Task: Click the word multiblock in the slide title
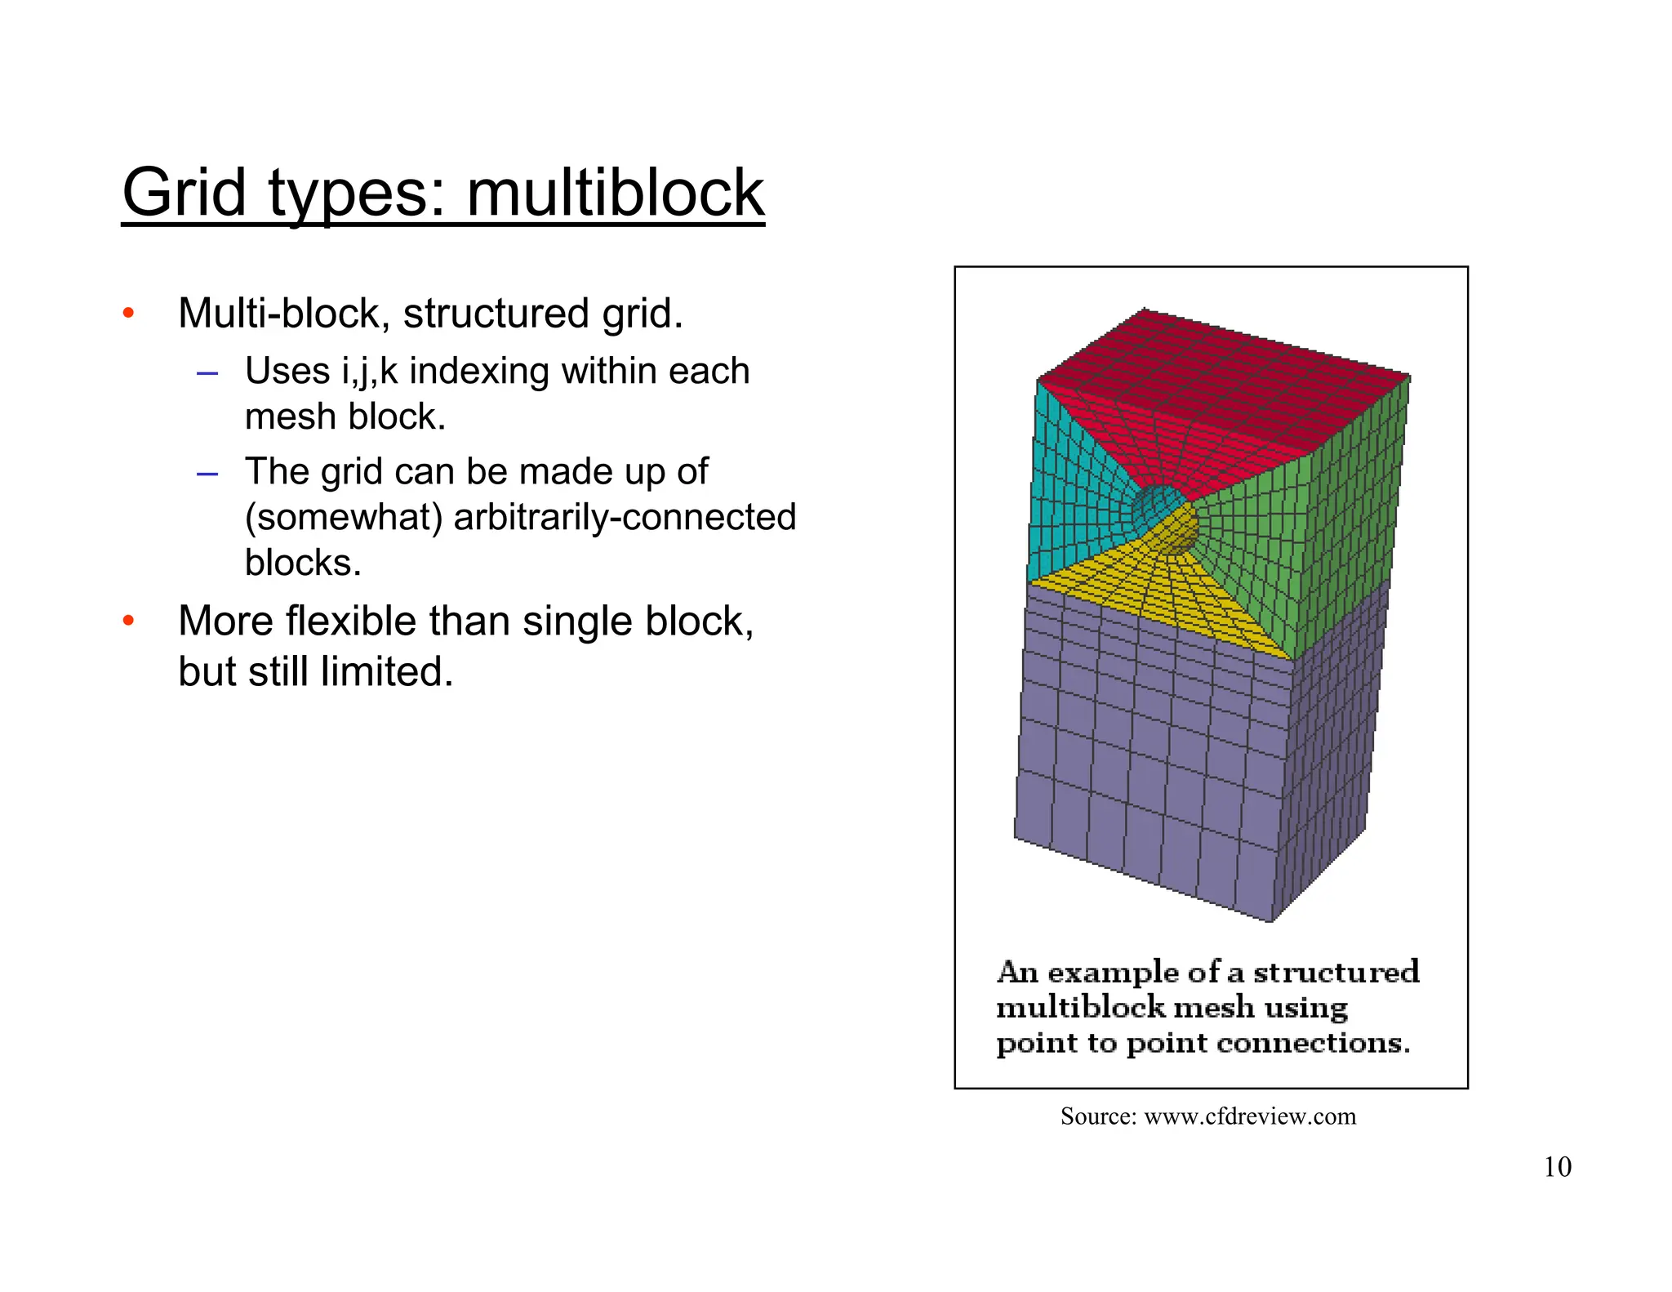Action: (615, 194)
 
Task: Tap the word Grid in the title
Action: (184, 194)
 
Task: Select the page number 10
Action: (1557, 1166)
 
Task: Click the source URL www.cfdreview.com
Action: (1250, 1116)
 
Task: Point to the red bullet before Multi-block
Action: (128, 314)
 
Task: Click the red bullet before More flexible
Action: (128, 621)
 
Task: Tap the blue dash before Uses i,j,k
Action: (207, 374)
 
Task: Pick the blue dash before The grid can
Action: (207, 474)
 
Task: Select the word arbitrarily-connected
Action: (625, 517)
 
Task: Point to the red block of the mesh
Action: (1225, 392)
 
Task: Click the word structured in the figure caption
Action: (1336, 972)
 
